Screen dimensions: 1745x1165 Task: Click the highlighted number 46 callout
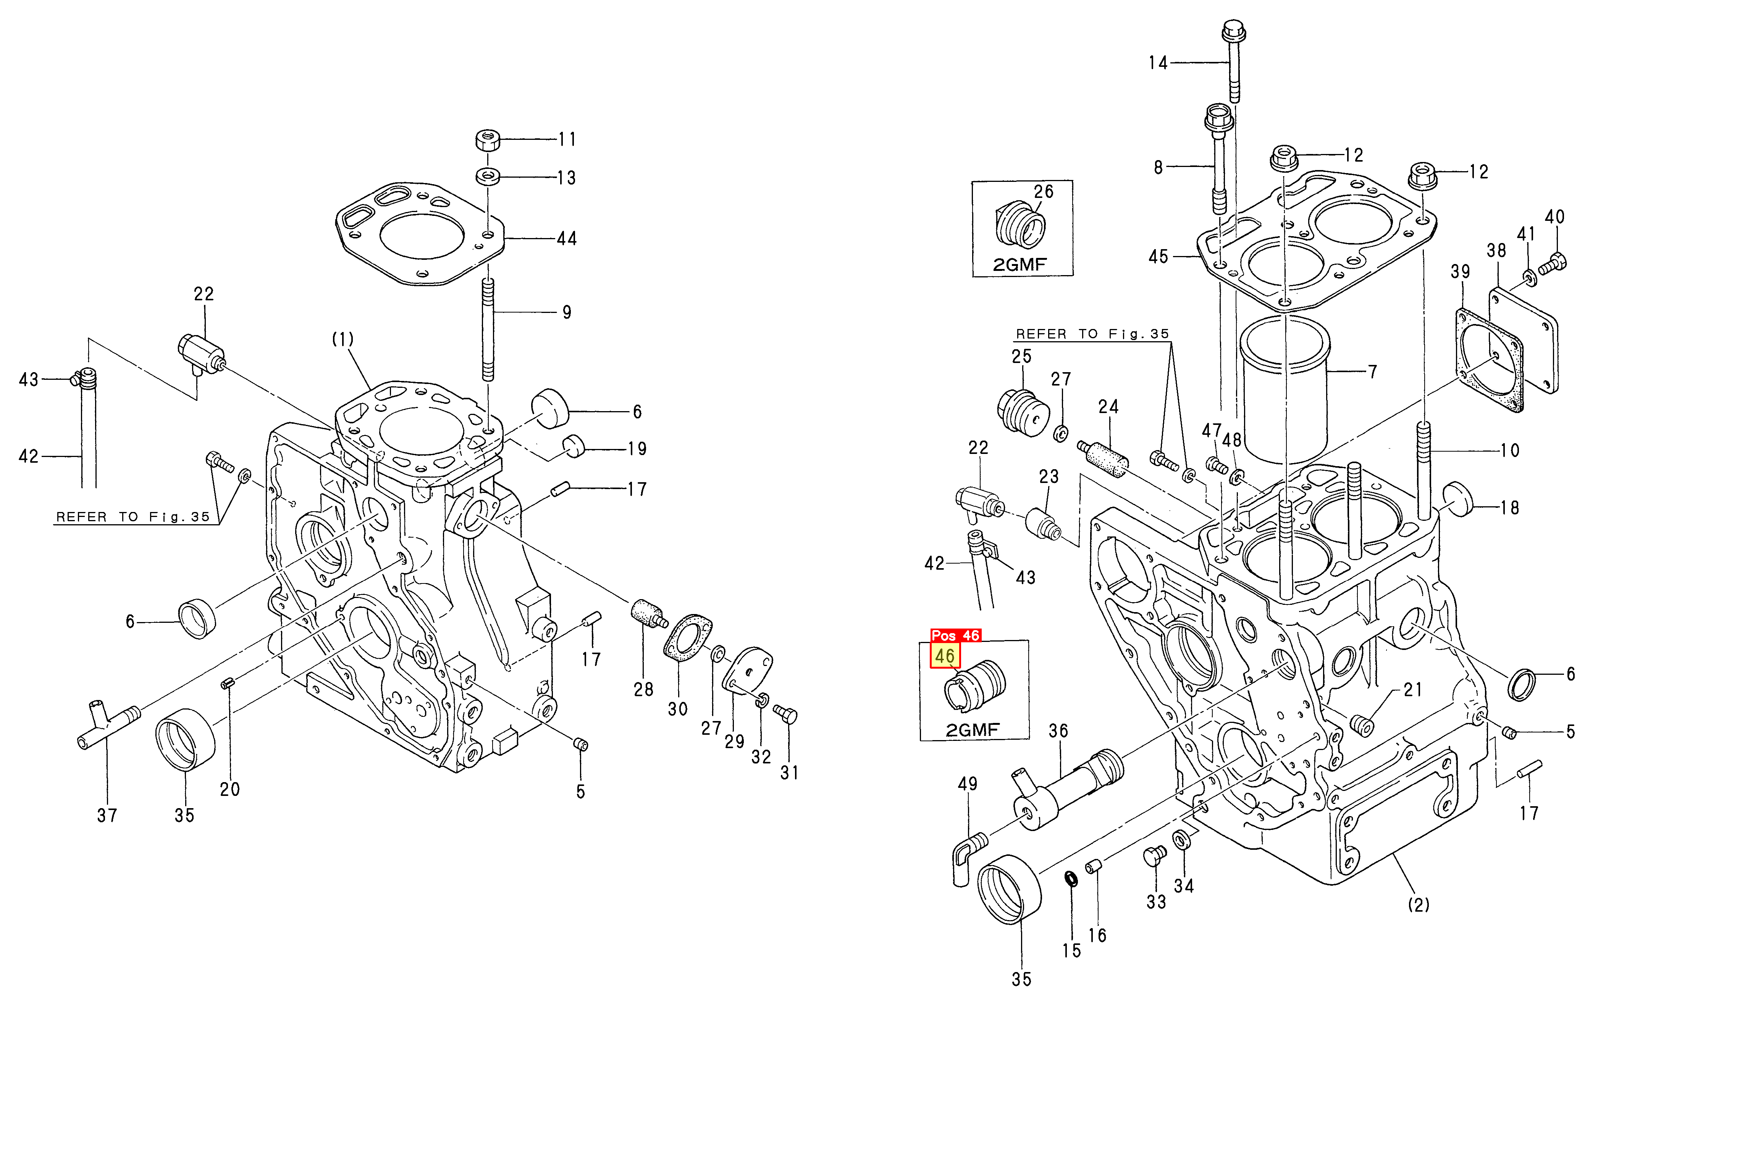coord(945,656)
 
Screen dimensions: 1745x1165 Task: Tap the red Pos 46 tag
coord(956,635)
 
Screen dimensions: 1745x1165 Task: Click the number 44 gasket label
coord(567,238)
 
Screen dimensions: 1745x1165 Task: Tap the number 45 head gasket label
coord(1158,257)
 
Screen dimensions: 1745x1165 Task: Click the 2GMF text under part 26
coord(1020,264)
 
